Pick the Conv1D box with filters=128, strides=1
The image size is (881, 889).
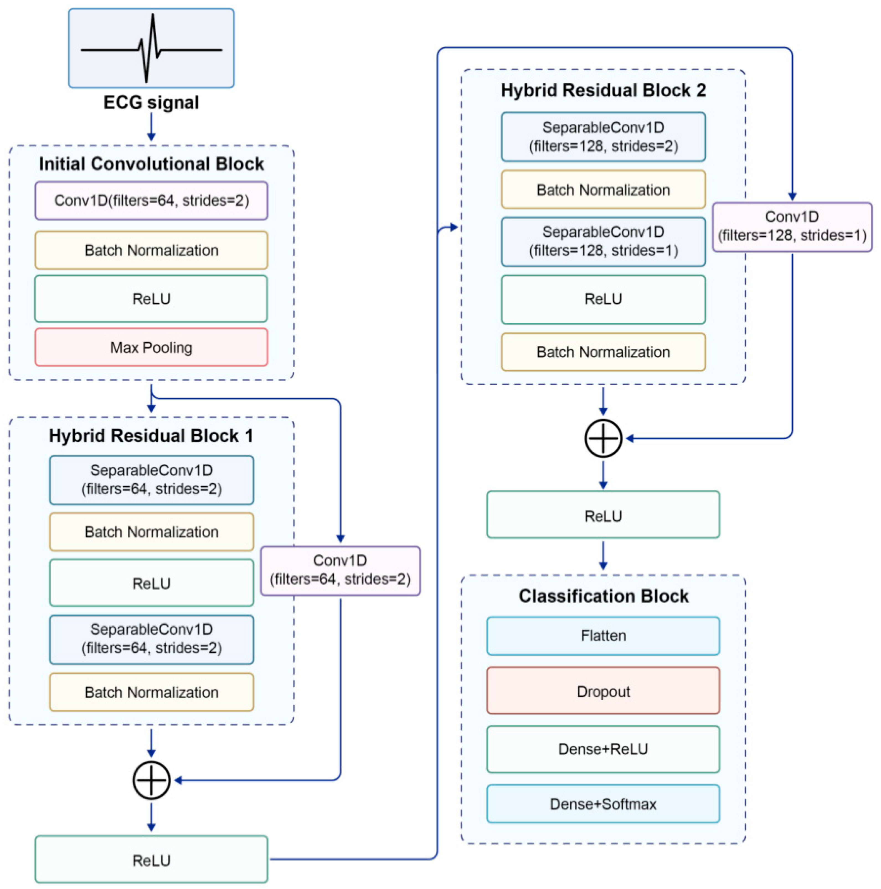tap(791, 226)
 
